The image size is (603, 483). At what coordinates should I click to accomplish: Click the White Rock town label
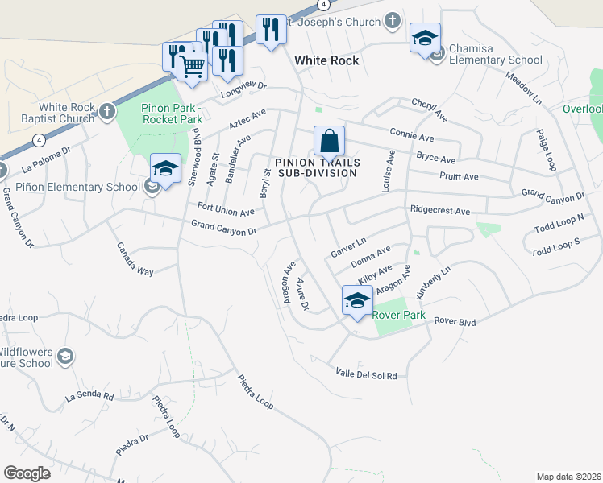(x=326, y=60)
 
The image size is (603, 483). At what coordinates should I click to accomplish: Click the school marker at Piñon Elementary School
(x=165, y=169)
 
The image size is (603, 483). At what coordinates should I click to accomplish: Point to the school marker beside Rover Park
(x=357, y=301)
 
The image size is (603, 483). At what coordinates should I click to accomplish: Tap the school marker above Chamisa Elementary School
(x=426, y=38)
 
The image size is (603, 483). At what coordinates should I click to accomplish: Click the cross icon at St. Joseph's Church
(x=392, y=21)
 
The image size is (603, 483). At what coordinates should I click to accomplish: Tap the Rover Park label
(x=398, y=316)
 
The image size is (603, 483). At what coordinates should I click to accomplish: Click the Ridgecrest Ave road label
(x=439, y=211)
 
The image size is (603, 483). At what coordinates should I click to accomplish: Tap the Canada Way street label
(x=135, y=259)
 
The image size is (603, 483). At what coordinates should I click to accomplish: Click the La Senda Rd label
(x=89, y=396)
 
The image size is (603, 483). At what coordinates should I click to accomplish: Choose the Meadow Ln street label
(x=523, y=88)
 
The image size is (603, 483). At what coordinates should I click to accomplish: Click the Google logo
(x=27, y=473)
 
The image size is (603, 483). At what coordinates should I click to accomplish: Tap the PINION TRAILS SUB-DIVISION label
(x=317, y=167)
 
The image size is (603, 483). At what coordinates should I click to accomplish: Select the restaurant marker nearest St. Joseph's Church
(x=269, y=31)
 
